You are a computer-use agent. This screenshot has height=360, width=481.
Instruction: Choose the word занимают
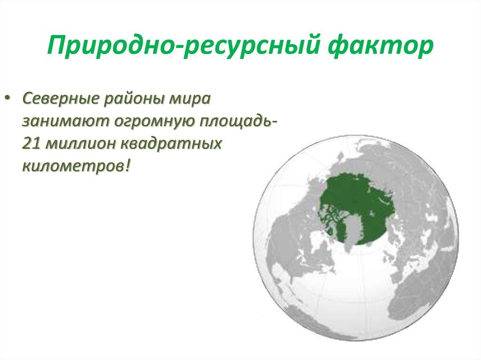click(62, 121)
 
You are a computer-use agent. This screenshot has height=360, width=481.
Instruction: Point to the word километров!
click(75, 165)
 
